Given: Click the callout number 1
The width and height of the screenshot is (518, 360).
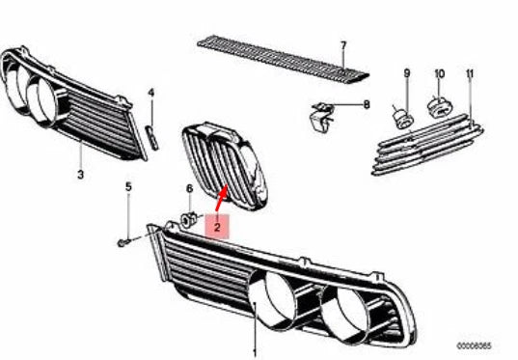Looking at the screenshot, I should click(x=254, y=351).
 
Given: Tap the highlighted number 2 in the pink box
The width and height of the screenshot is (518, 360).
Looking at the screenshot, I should click(x=218, y=228).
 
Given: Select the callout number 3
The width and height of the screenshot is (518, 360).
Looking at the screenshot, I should click(x=80, y=176).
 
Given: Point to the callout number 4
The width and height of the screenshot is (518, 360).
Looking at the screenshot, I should click(x=150, y=94).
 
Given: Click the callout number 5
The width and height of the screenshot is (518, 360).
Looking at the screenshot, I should click(x=127, y=187).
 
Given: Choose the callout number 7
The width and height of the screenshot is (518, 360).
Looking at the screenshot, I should click(x=341, y=44).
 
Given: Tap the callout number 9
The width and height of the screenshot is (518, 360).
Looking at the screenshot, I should click(x=406, y=74).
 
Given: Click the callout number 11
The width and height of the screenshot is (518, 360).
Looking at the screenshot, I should click(x=470, y=74).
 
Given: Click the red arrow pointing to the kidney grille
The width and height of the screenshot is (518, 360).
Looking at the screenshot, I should click(x=223, y=200).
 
